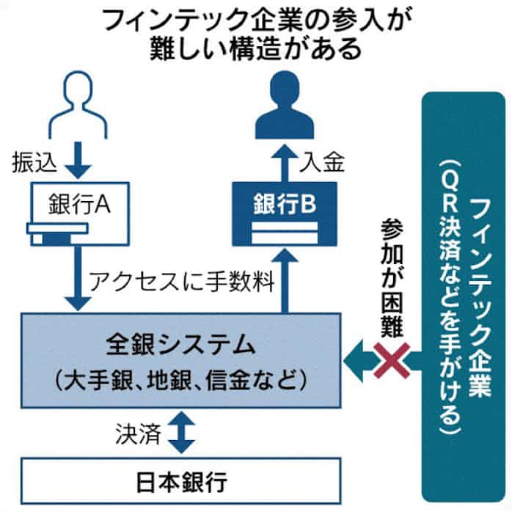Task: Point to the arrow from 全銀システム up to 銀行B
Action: pyautogui.click(x=285, y=279)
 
